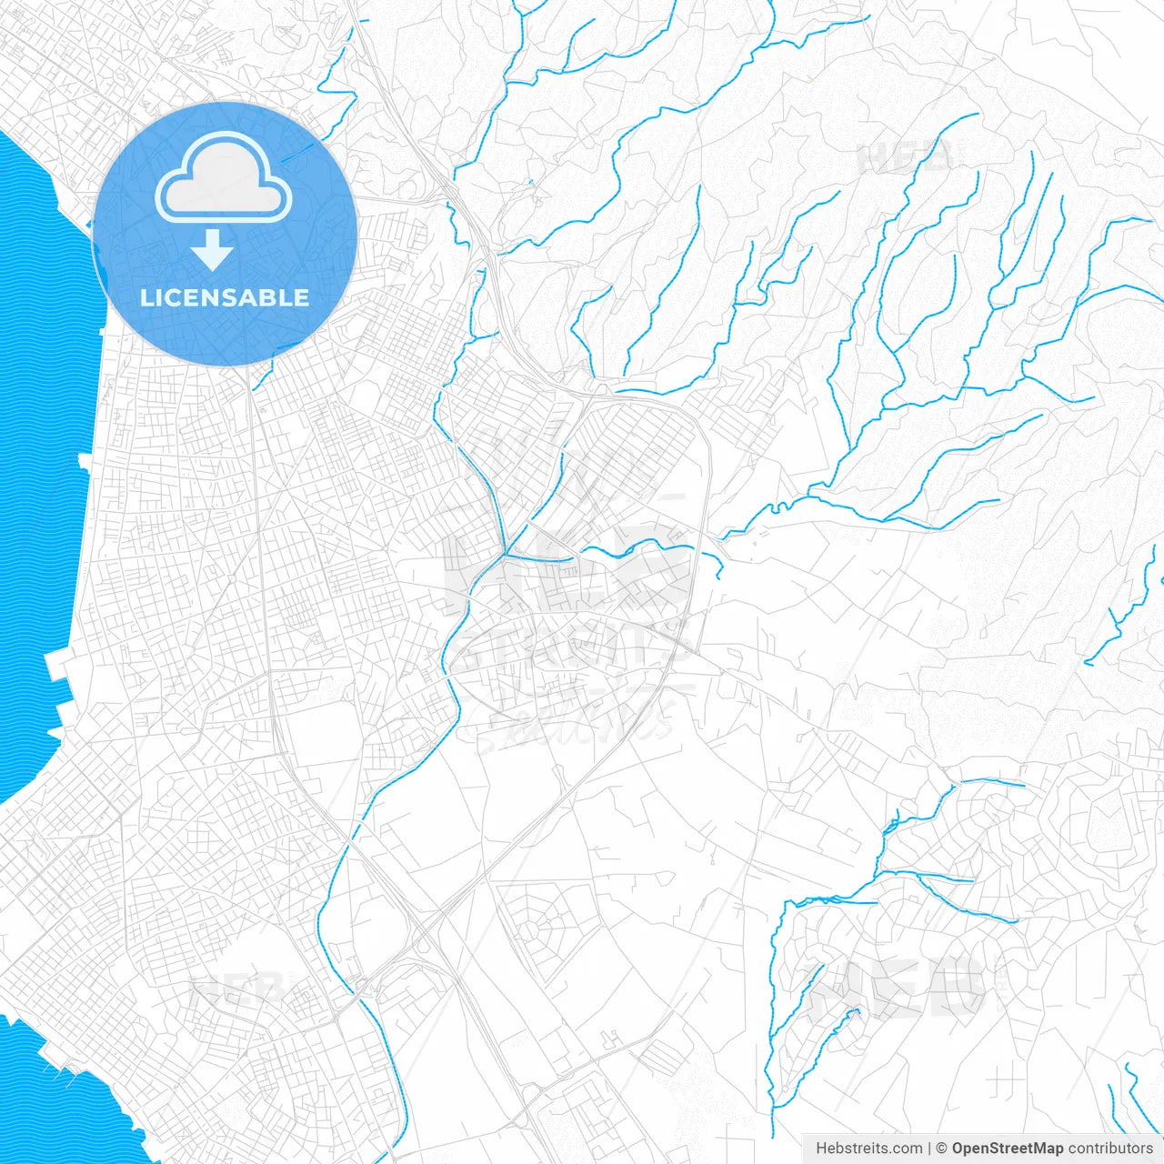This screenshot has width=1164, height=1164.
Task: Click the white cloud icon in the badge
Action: point(223,177)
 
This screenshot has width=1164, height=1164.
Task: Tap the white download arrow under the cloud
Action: point(213,249)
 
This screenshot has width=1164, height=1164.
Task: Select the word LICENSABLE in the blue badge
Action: point(225,297)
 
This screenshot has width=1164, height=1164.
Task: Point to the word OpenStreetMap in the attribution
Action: point(1007,1149)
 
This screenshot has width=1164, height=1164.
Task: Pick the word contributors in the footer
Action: point(1109,1149)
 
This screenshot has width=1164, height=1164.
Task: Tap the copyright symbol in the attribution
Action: point(942,1149)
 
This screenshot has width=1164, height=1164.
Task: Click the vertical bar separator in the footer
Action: point(929,1149)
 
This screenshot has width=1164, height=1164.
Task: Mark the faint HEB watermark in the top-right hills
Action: point(905,156)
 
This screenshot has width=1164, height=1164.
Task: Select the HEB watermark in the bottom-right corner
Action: point(896,987)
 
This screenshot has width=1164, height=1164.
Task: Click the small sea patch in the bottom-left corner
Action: point(64,1100)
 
